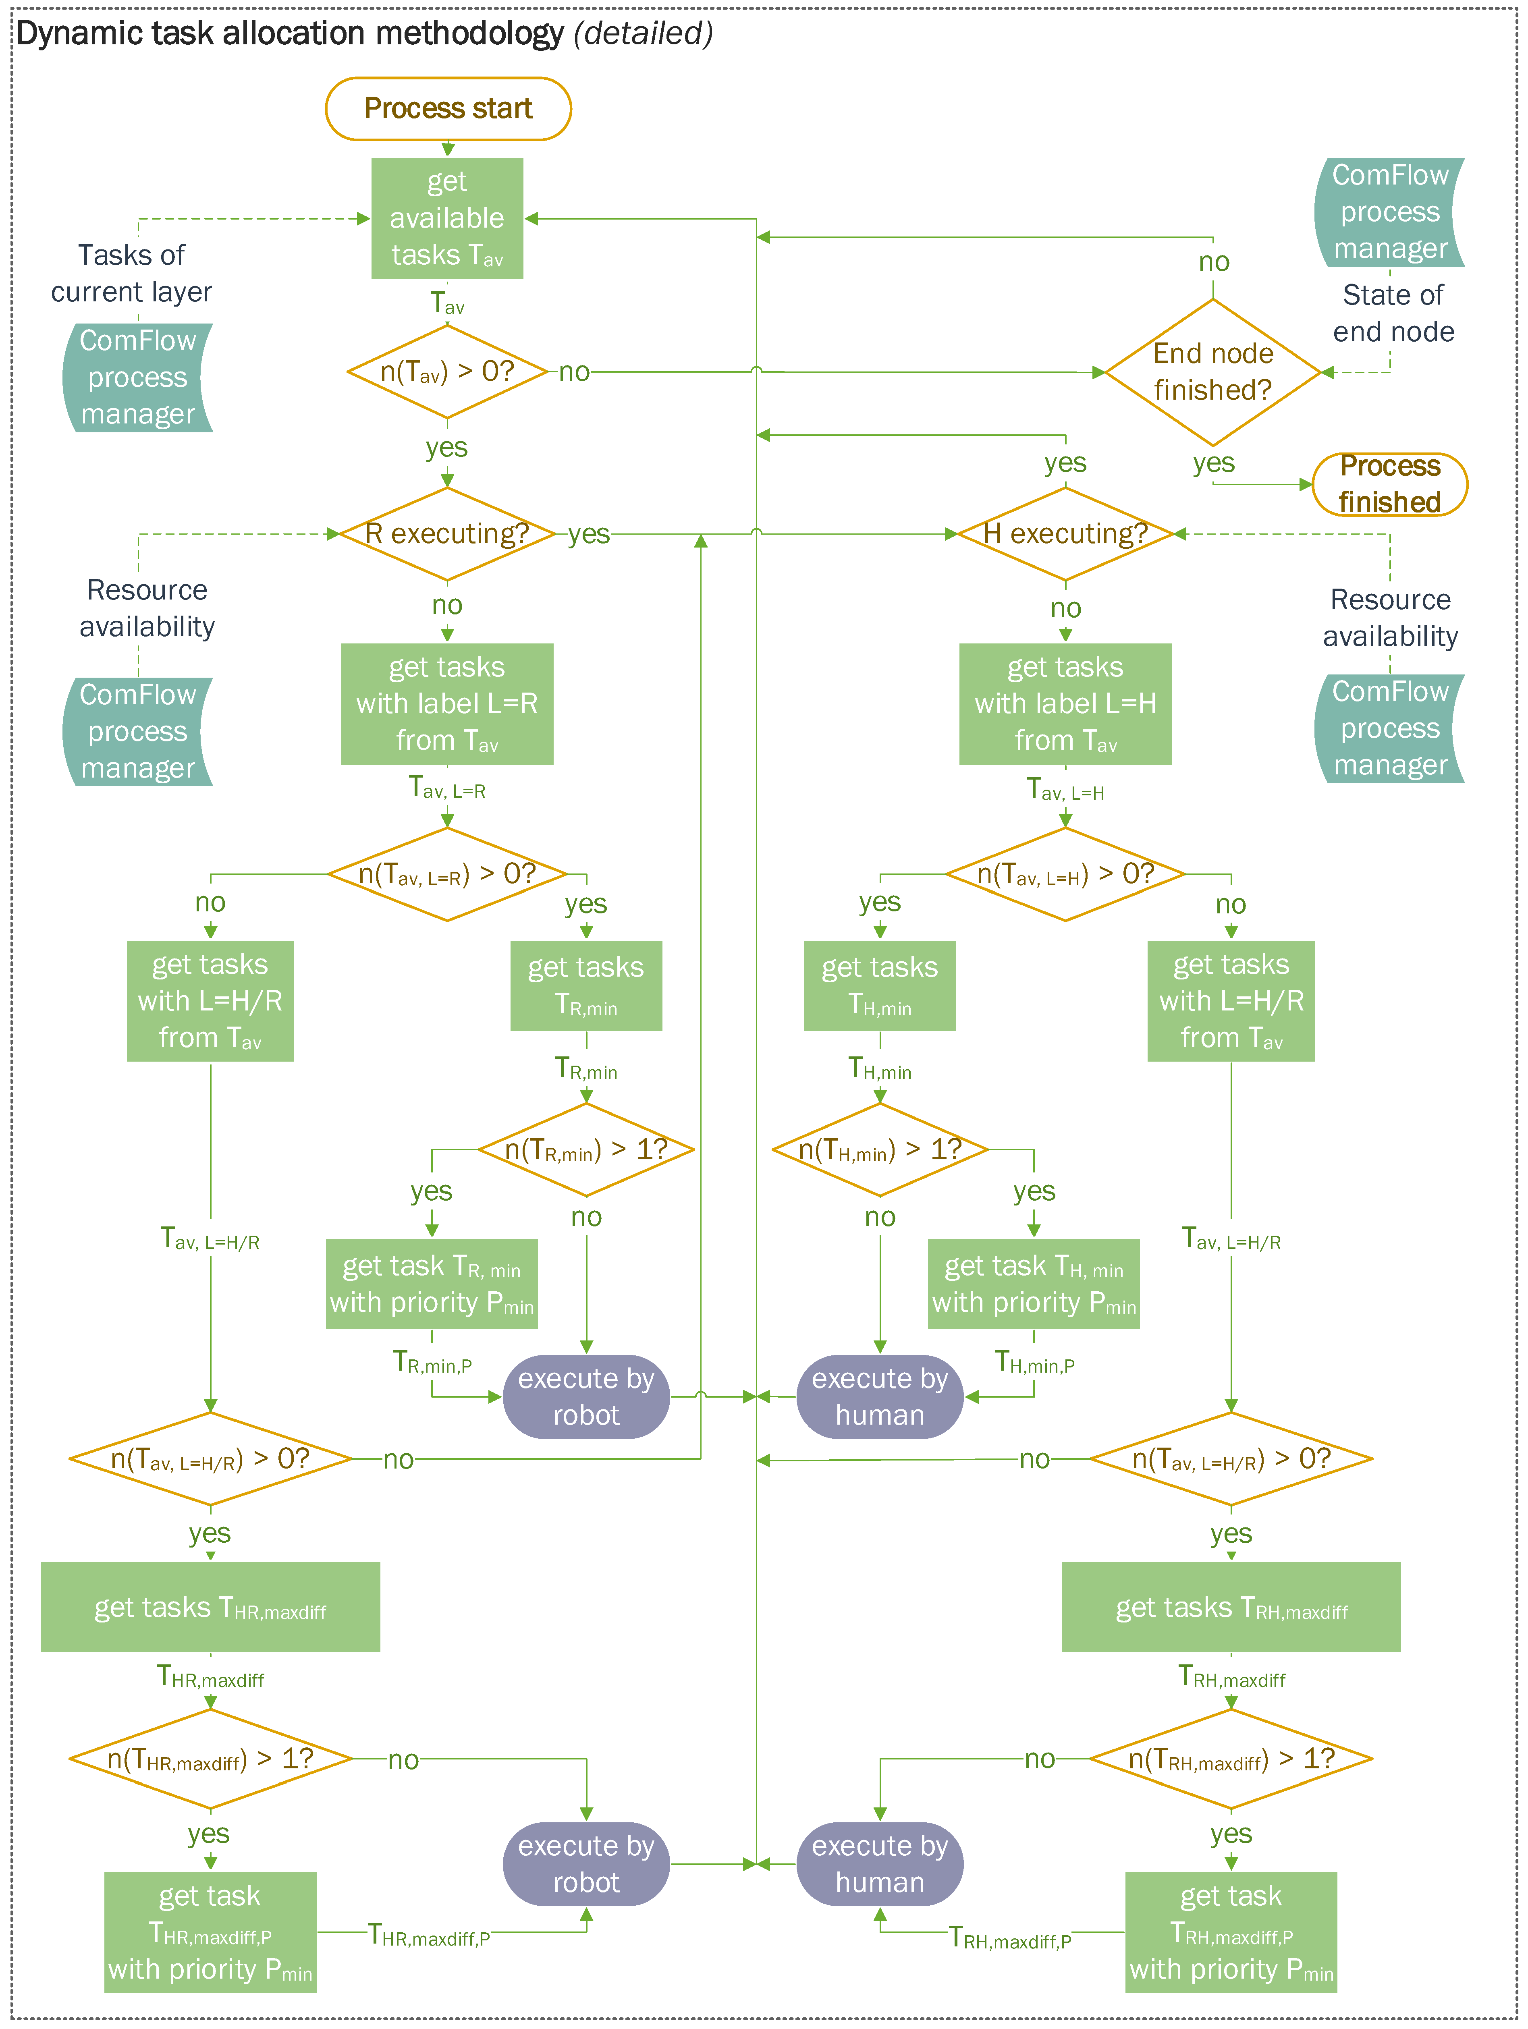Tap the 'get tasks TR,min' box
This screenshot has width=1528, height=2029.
(x=586, y=986)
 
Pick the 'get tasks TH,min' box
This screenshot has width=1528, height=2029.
(x=880, y=986)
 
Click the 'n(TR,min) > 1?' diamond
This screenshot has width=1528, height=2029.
(x=586, y=1149)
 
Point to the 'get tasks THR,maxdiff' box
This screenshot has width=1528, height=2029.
(x=210, y=1607)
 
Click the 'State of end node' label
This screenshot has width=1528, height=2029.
(x=1392, y=313)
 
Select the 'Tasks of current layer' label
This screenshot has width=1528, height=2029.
(x=131, y=272)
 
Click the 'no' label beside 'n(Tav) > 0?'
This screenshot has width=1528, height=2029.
(x=574, y=372)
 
